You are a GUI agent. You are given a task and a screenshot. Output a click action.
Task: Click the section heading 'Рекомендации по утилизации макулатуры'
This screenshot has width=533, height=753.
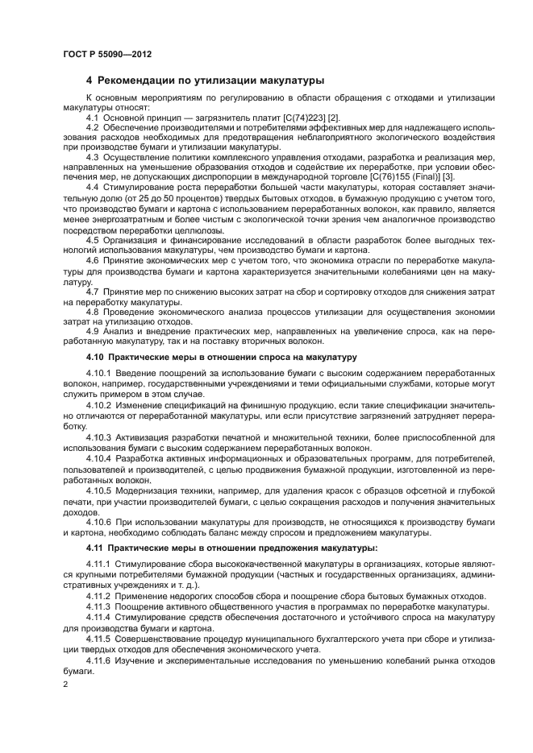tap(210, 81)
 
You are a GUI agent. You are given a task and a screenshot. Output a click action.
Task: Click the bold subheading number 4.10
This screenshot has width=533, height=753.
tap(94, 357)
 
